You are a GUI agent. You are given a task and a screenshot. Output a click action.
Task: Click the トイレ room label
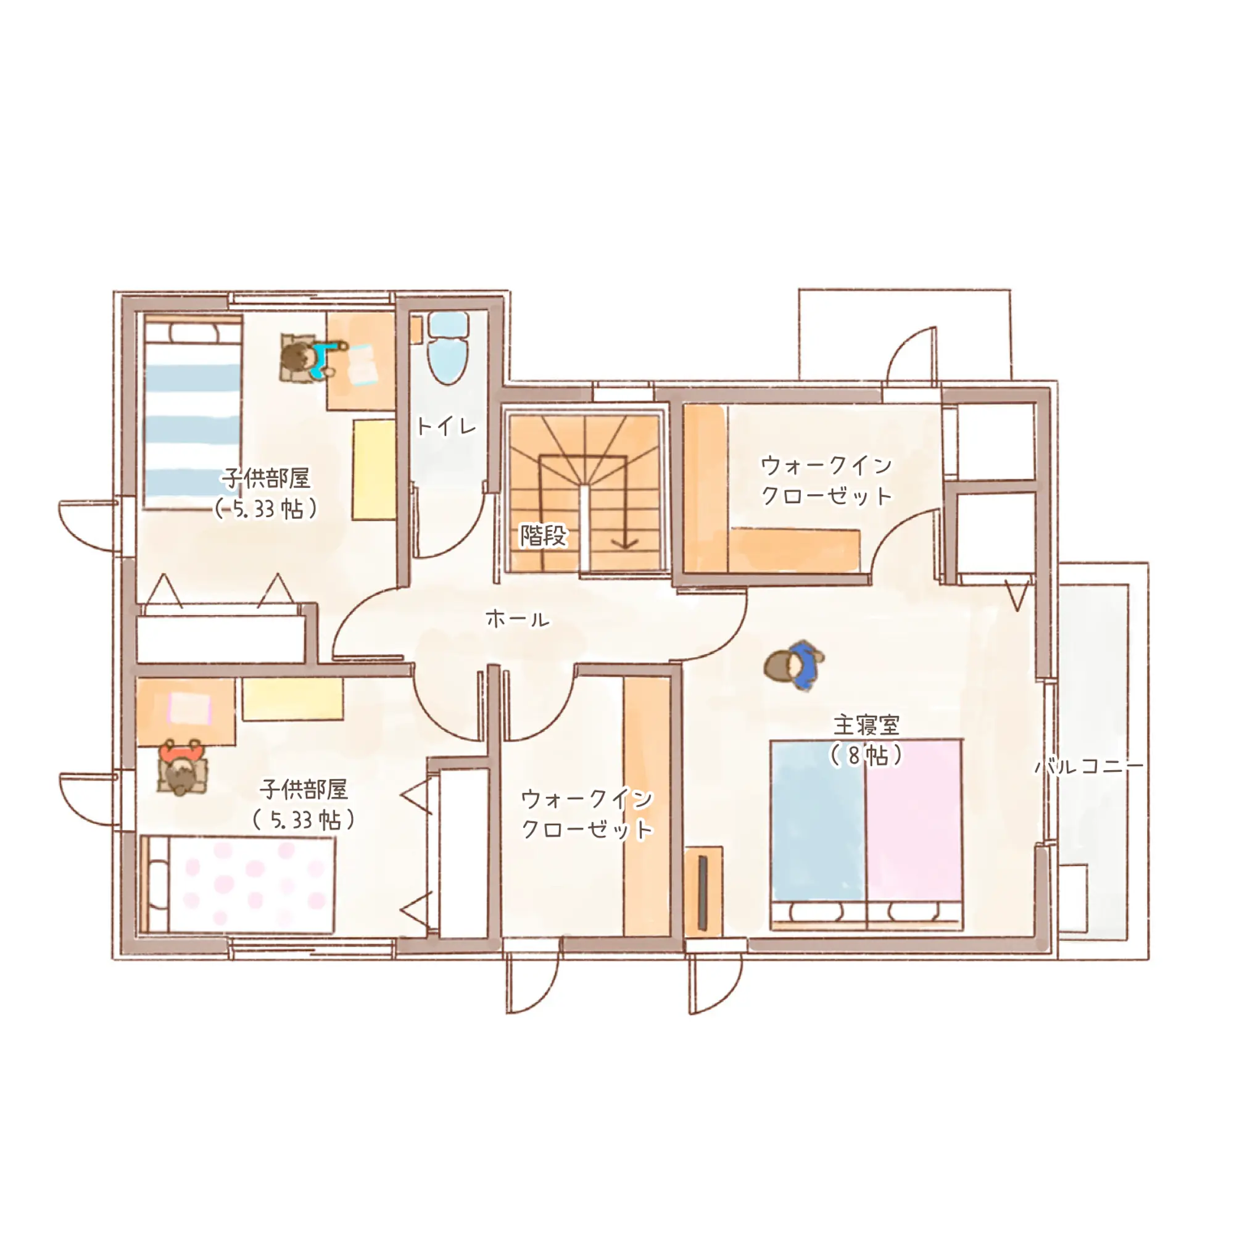click(447, 425)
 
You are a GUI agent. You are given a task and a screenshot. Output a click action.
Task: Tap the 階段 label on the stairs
click(543, 535)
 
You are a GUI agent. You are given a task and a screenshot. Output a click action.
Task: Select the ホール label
click(518, 618)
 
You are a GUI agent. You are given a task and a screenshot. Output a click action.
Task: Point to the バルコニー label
click(1089, 766)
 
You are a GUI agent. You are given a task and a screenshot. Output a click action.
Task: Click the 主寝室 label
click(866, 725)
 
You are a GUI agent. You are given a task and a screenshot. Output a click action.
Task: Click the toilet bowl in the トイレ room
click(448, 349)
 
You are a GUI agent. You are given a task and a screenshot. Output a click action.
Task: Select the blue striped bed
click(193, 413)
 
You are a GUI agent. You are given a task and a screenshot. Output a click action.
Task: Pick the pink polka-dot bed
click(238, 885)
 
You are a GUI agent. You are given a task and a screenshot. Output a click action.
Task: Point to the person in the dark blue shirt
click(795, 666)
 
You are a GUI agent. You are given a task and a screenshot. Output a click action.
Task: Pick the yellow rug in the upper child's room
click(375, 470)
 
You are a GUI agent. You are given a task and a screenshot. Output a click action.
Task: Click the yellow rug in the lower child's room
click(292, 699)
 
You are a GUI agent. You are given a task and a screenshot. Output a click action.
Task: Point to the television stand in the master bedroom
click(703, 892)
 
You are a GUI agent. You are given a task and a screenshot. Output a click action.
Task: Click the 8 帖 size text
click(866, 756)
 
